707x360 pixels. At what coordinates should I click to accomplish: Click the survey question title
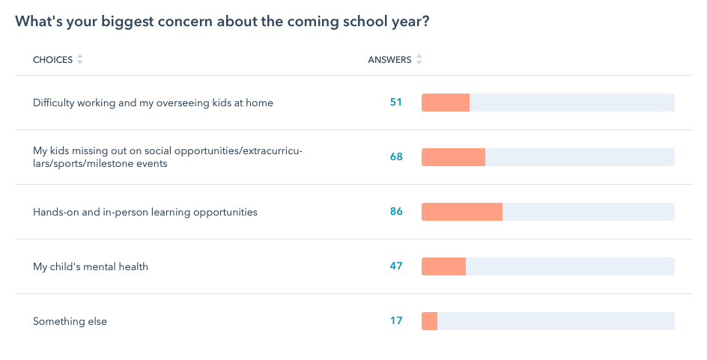click(222, 21)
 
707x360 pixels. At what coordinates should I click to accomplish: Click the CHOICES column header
click(52, 60)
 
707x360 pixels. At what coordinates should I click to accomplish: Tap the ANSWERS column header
click(389, 60)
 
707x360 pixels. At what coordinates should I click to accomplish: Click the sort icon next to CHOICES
click(80, 60)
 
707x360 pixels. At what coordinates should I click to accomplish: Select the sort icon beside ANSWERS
click(419, 60)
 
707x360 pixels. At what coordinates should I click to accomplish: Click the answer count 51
click(396, 103)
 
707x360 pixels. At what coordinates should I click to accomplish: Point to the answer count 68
click(396, 157)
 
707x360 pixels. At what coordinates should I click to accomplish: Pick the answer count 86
click(396, 212)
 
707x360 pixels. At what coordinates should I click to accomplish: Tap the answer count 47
click(396, 266)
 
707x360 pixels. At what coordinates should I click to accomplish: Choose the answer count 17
click(396, 321)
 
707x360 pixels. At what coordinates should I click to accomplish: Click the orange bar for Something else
click(429, 321)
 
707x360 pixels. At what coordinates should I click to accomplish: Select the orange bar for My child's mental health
click(443, 266)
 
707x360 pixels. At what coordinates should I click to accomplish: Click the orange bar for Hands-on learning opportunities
click(461, 212)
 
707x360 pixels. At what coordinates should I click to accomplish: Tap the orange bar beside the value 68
click(453, 157)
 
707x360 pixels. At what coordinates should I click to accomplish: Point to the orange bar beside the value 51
click(445, 103)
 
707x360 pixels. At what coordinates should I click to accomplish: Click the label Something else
click(70, 321)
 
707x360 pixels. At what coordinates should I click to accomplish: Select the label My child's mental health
click(91, 266)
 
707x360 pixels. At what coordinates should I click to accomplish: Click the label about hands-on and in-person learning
click(145, 212)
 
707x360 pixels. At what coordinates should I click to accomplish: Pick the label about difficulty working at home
click(153, 103)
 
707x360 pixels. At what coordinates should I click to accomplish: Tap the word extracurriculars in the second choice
click(270, 151)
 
